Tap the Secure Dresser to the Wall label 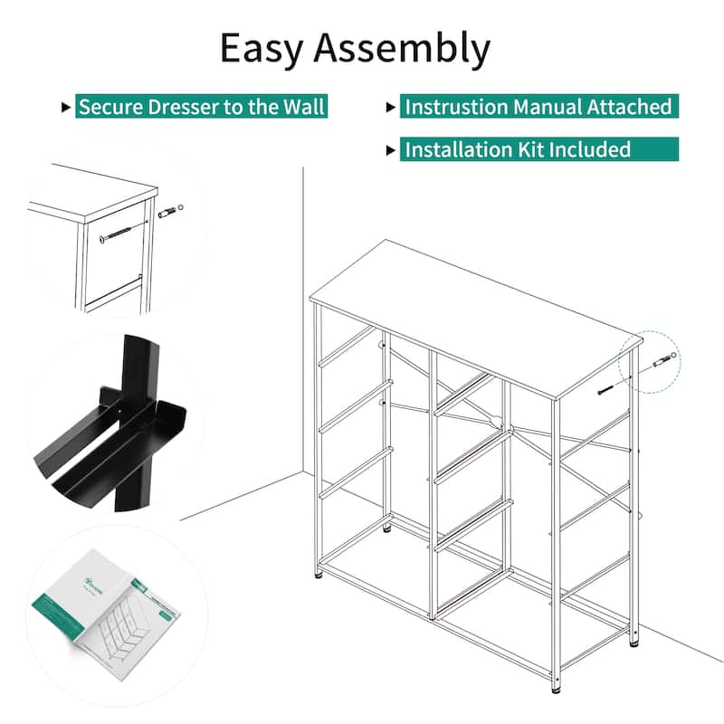coord(201,107)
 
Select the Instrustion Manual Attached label coord(538,107)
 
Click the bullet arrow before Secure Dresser coord(65,108)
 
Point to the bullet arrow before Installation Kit coord(391,150)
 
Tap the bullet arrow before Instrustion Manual coord(391,108)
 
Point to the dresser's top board coord(475,317)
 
